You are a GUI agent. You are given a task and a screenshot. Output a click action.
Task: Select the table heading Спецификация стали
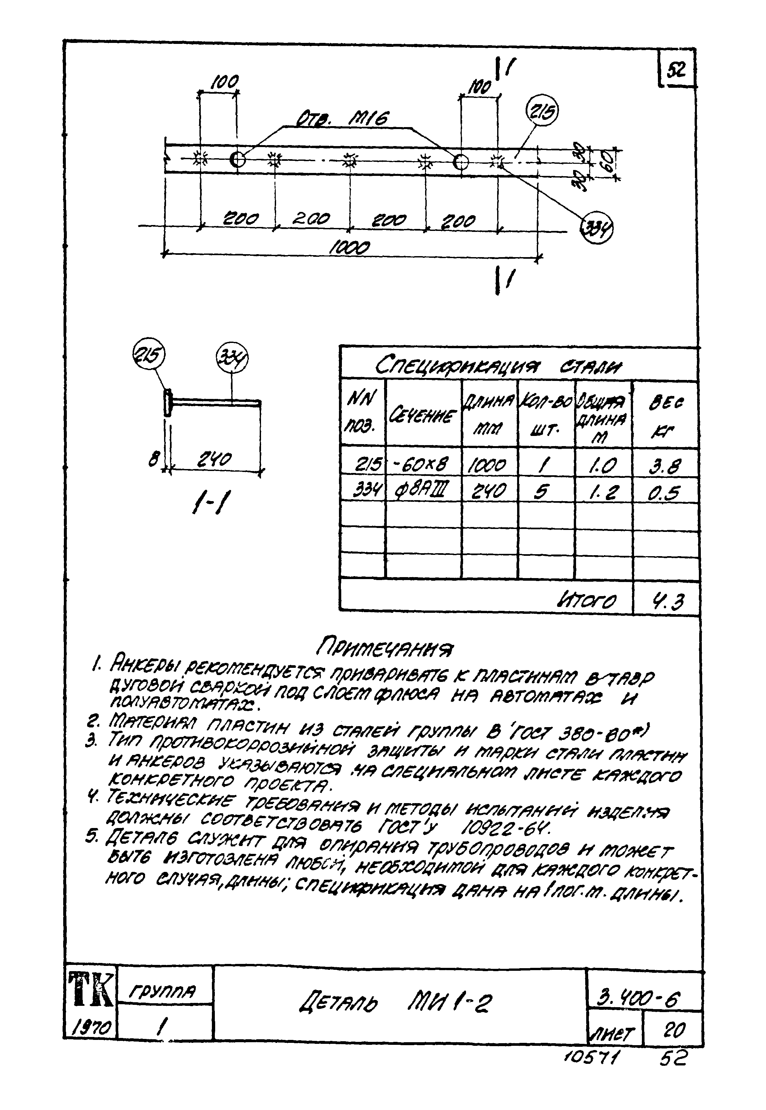(x=497, y=367)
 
